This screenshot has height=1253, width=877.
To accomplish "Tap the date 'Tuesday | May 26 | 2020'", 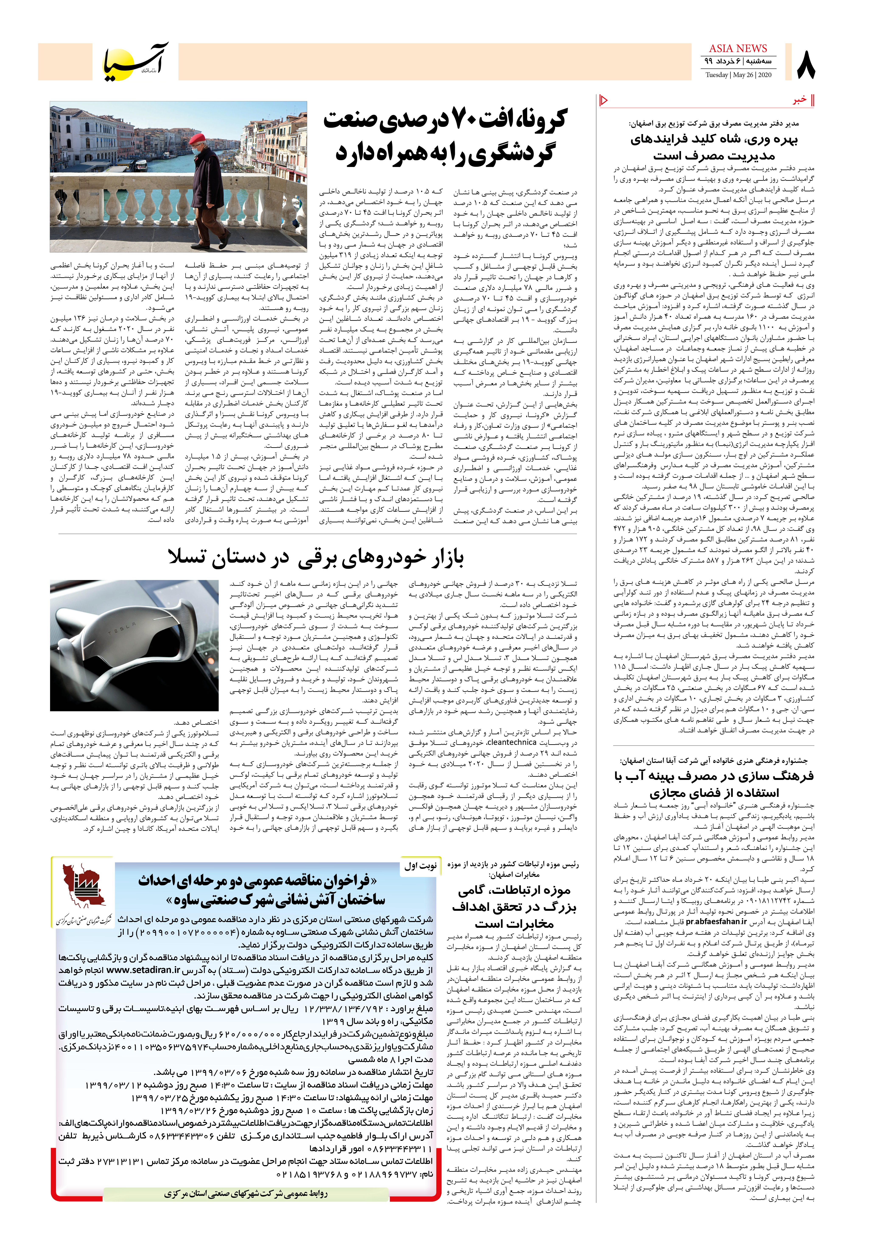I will (x=738, y=75).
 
